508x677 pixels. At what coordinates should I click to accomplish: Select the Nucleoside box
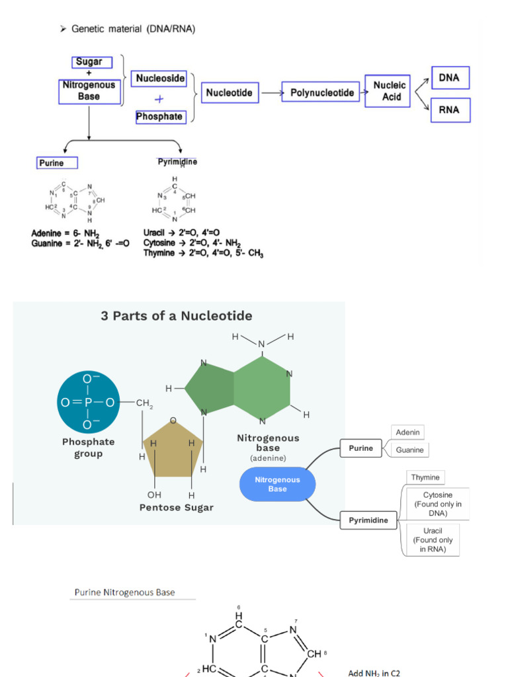(x=160, y=78)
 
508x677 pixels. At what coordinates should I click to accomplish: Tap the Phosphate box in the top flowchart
(x=159, y=116)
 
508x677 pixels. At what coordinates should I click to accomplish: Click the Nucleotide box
(x=229, y=93)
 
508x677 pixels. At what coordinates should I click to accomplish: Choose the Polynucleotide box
(x=322, y=93)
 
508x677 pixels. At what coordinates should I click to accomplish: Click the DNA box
(x=450, y=78)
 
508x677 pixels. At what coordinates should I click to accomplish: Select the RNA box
(x=450, y=110)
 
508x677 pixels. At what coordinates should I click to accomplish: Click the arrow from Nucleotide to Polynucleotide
(x=271, y=93)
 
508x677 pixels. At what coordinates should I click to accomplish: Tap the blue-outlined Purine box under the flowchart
(x=58, y=163)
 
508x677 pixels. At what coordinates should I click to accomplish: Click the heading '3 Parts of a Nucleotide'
(x=176, y=316)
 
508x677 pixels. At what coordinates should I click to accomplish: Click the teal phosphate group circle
(x=88, y=402)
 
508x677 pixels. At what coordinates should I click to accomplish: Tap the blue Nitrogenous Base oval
(x=277, y=485)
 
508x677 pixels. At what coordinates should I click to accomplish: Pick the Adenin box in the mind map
(x=408, y=432)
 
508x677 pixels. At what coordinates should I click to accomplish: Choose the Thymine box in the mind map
(x=425, y=477)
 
